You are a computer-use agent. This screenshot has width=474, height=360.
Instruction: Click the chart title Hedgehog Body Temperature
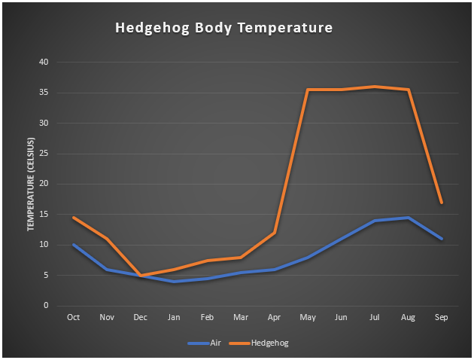click(x=223, y=29)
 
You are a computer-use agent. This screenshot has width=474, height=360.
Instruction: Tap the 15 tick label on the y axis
click(x=44, y=214)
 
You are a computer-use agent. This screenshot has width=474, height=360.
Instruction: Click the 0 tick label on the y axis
click(x=47, y=305)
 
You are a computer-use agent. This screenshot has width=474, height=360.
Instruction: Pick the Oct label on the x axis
click(x=74, y=318)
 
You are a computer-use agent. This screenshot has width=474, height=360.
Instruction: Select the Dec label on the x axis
click(x=141, y=318)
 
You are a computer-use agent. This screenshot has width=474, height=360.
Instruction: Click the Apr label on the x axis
click(x=274, y=318)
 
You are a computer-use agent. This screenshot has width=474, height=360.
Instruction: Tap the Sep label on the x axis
click(x=442, y=318)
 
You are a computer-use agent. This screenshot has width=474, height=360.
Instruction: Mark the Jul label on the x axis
click(x=375, y=318)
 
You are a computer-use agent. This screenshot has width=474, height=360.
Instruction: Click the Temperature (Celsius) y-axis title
click(x=32, y=184)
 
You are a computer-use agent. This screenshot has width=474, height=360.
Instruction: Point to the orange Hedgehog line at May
click(x=308, y=90)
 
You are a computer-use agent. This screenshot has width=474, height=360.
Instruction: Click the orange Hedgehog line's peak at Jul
click(x=375, y=87)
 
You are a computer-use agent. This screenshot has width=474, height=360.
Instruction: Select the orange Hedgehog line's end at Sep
click(x=442, y=203)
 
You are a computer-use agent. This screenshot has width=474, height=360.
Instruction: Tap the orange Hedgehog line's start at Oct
click(x=74, y=217)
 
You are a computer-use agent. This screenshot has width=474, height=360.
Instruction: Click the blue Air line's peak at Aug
click(x=408, y=218)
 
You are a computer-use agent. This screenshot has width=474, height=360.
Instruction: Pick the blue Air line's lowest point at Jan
click(x=174, y=281)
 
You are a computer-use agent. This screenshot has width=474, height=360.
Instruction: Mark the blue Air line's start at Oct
click(x=74, y=245)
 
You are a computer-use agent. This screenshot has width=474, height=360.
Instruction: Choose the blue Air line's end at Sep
click(x=442, y=239)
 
